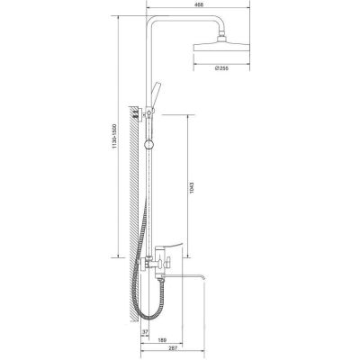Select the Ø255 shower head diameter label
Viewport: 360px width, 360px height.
pyautogui.click(x=221, y=68)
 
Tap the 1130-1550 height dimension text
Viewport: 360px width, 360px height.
pyautogui.click(x=113, y=137)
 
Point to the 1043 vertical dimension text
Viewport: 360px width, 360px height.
pyautogui.click(x=192, y=187)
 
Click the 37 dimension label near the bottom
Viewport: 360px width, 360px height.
pyautogui.click(x=145, y=332)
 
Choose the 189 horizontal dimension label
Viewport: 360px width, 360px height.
pyautogui.click(x=162, y=340)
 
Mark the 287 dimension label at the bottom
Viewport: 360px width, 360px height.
pyautogui.click(x=174, y=348)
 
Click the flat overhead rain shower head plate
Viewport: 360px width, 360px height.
pyautogui.click(x=221, y=48)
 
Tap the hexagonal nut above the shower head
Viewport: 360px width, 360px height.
pyautogui.click(x=221, y=38)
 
